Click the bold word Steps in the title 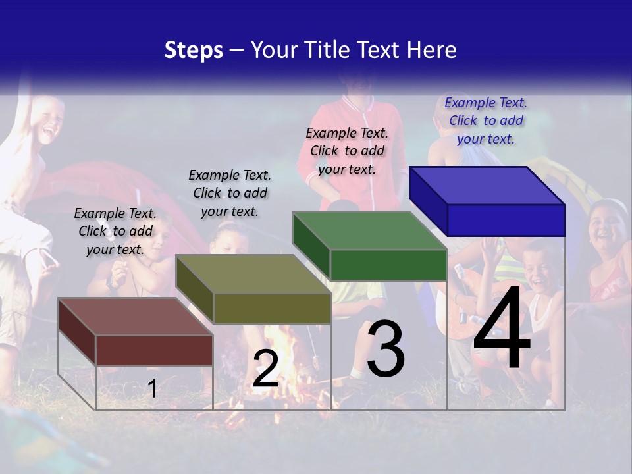[194, 50]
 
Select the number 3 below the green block [386, 349]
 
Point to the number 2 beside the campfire [265, 369]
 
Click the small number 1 [153, 388]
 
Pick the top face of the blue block [486, 185]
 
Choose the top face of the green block [369, 230]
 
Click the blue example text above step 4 [486, 120]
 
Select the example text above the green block [347, 151]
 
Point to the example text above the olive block [230, 193]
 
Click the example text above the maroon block [115, 231]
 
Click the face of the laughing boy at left [47, 122]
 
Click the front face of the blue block [506, 220]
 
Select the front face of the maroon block [154, 350]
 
